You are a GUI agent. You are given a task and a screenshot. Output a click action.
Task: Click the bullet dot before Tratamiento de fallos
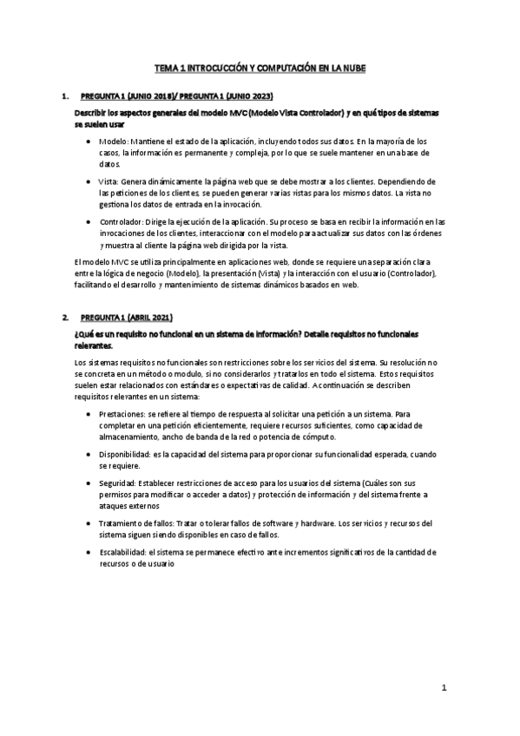pos(89,523)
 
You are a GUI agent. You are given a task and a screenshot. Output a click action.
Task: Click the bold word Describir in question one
pos(95,114)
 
